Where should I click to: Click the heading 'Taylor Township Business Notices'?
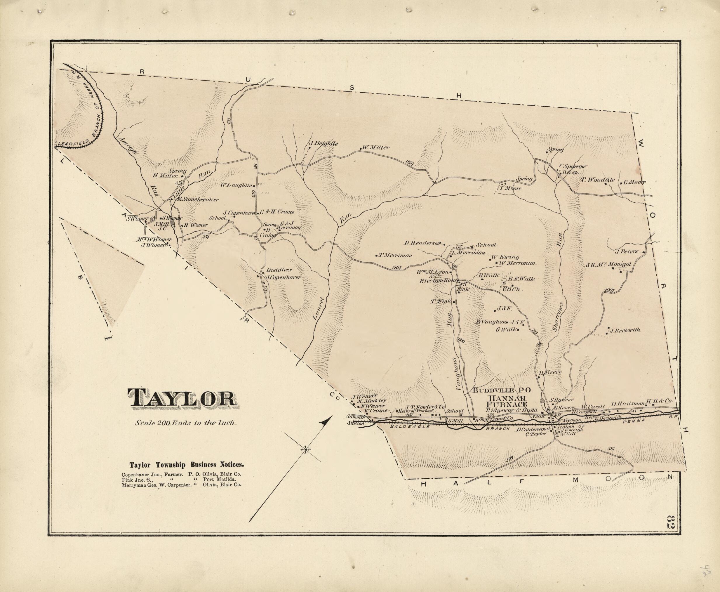coord(187,464)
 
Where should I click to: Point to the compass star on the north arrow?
coord(305,450)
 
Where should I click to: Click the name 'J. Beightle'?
coord(323,144)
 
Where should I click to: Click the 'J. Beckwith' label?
coord(625,330)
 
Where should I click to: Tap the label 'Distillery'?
coord(279,269)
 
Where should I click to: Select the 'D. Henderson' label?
coord(423,243)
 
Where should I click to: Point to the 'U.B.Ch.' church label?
coord(511,289)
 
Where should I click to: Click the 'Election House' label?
coord(438,280)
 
